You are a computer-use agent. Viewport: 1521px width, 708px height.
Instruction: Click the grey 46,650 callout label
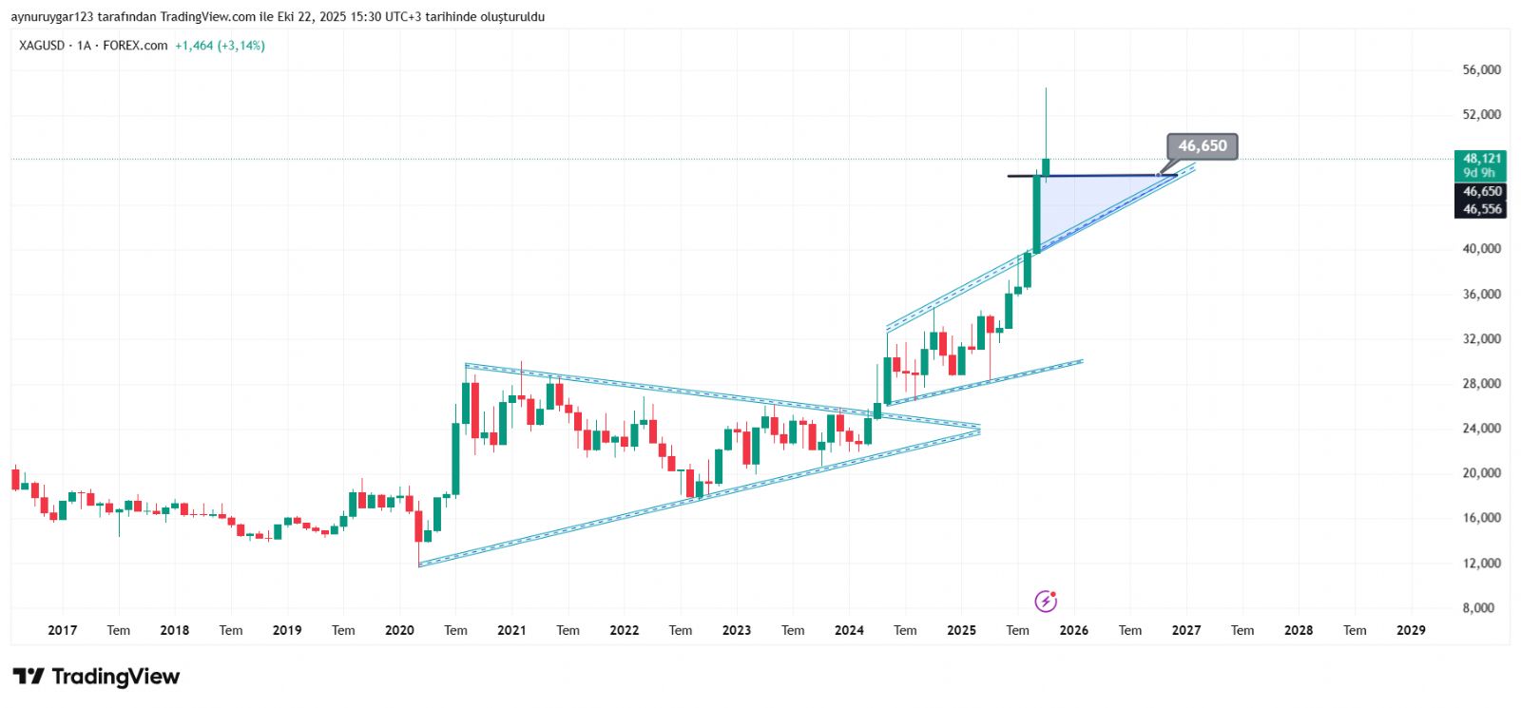pos(1202,146)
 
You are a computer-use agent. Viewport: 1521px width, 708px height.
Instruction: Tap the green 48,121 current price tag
pos(1481,159)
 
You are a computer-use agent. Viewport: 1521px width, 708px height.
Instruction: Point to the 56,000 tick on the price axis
pos(1481,70)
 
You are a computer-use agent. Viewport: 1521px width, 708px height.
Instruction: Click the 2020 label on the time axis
pos(399,630)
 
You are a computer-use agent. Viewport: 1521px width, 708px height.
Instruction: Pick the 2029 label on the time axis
pos(1411,630)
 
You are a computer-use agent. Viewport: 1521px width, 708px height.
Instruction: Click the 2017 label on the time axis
pos(62,630)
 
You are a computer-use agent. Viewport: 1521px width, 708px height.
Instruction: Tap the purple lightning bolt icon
pos(1046,601)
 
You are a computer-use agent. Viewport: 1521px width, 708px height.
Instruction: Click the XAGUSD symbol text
pos(42,46)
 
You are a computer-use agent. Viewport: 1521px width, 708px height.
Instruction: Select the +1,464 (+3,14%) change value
pos(220,46)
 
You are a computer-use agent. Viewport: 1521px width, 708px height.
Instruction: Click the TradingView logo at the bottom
pos(96,677)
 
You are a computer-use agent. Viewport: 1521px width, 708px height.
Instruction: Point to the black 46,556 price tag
pos(1481,209)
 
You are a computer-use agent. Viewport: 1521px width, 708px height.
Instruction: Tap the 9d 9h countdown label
pos(1478,173)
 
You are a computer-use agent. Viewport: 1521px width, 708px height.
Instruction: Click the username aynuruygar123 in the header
pos(51,17)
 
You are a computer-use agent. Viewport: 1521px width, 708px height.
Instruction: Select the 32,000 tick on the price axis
pos(1481,339)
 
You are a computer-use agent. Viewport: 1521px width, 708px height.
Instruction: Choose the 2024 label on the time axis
pos(849,630)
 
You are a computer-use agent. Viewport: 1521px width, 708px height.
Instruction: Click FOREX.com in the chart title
pos(135,46)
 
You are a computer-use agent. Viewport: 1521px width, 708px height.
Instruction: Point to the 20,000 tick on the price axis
pos(1481,473)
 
